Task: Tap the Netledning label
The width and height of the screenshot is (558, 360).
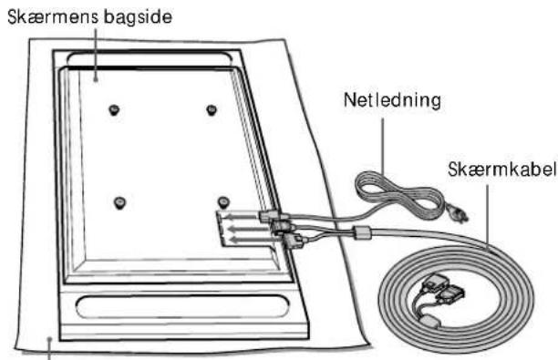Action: tap(392, 100)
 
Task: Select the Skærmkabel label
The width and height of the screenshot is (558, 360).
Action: tap(501, 169)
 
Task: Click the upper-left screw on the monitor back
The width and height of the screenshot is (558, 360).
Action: tap(114, 110)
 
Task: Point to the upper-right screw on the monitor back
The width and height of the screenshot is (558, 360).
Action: tap(212, 110)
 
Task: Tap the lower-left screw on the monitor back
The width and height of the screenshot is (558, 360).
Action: tap(120, 203)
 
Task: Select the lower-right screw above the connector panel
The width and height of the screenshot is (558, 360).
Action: tap(223, 202)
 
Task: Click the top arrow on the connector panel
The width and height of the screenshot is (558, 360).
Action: tap(243, 216)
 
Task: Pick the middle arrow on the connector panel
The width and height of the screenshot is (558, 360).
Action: tap(249, 229)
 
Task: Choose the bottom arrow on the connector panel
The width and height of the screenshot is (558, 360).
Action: tap(255, 239)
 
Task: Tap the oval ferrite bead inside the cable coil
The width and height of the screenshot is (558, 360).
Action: tap(431, 321)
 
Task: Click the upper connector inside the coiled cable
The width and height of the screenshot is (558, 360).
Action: tap(432, 282)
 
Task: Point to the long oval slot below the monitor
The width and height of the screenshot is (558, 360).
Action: tap(181, 306)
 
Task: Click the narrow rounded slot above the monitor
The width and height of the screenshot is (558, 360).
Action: tap(150, 58)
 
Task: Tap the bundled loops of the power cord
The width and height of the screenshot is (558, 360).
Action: tap(398, 195)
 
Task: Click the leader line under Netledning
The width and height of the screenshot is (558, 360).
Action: tap(383, 147)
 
